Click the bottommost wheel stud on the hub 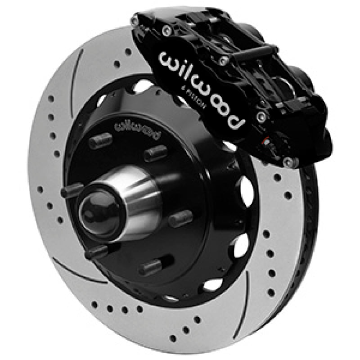point(151,265)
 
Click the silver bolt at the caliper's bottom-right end point(293,162)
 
